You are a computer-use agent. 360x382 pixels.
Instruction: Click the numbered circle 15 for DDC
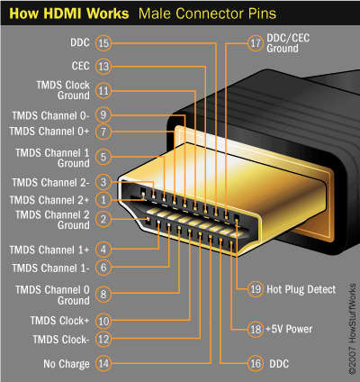(x=103, y=43)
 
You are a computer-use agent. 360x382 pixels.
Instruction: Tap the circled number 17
(x=255, y=43)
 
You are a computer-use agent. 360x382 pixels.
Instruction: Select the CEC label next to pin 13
(x=79, y=66)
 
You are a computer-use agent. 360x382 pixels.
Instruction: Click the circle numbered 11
(x=103, y=90)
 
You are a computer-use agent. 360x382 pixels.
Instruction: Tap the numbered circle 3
(x=103, y=183)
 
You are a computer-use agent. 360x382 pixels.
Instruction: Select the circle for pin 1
(x=103, y=199)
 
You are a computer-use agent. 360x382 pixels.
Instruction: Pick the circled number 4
(x=103, y=249)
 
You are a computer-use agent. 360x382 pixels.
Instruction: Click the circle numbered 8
(x=103, y=293)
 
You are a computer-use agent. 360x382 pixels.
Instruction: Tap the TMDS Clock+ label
(x=59, y=320)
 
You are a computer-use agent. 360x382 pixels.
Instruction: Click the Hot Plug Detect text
(x=301, y=289)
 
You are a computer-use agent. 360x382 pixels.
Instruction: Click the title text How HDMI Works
(x=63, y=14)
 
